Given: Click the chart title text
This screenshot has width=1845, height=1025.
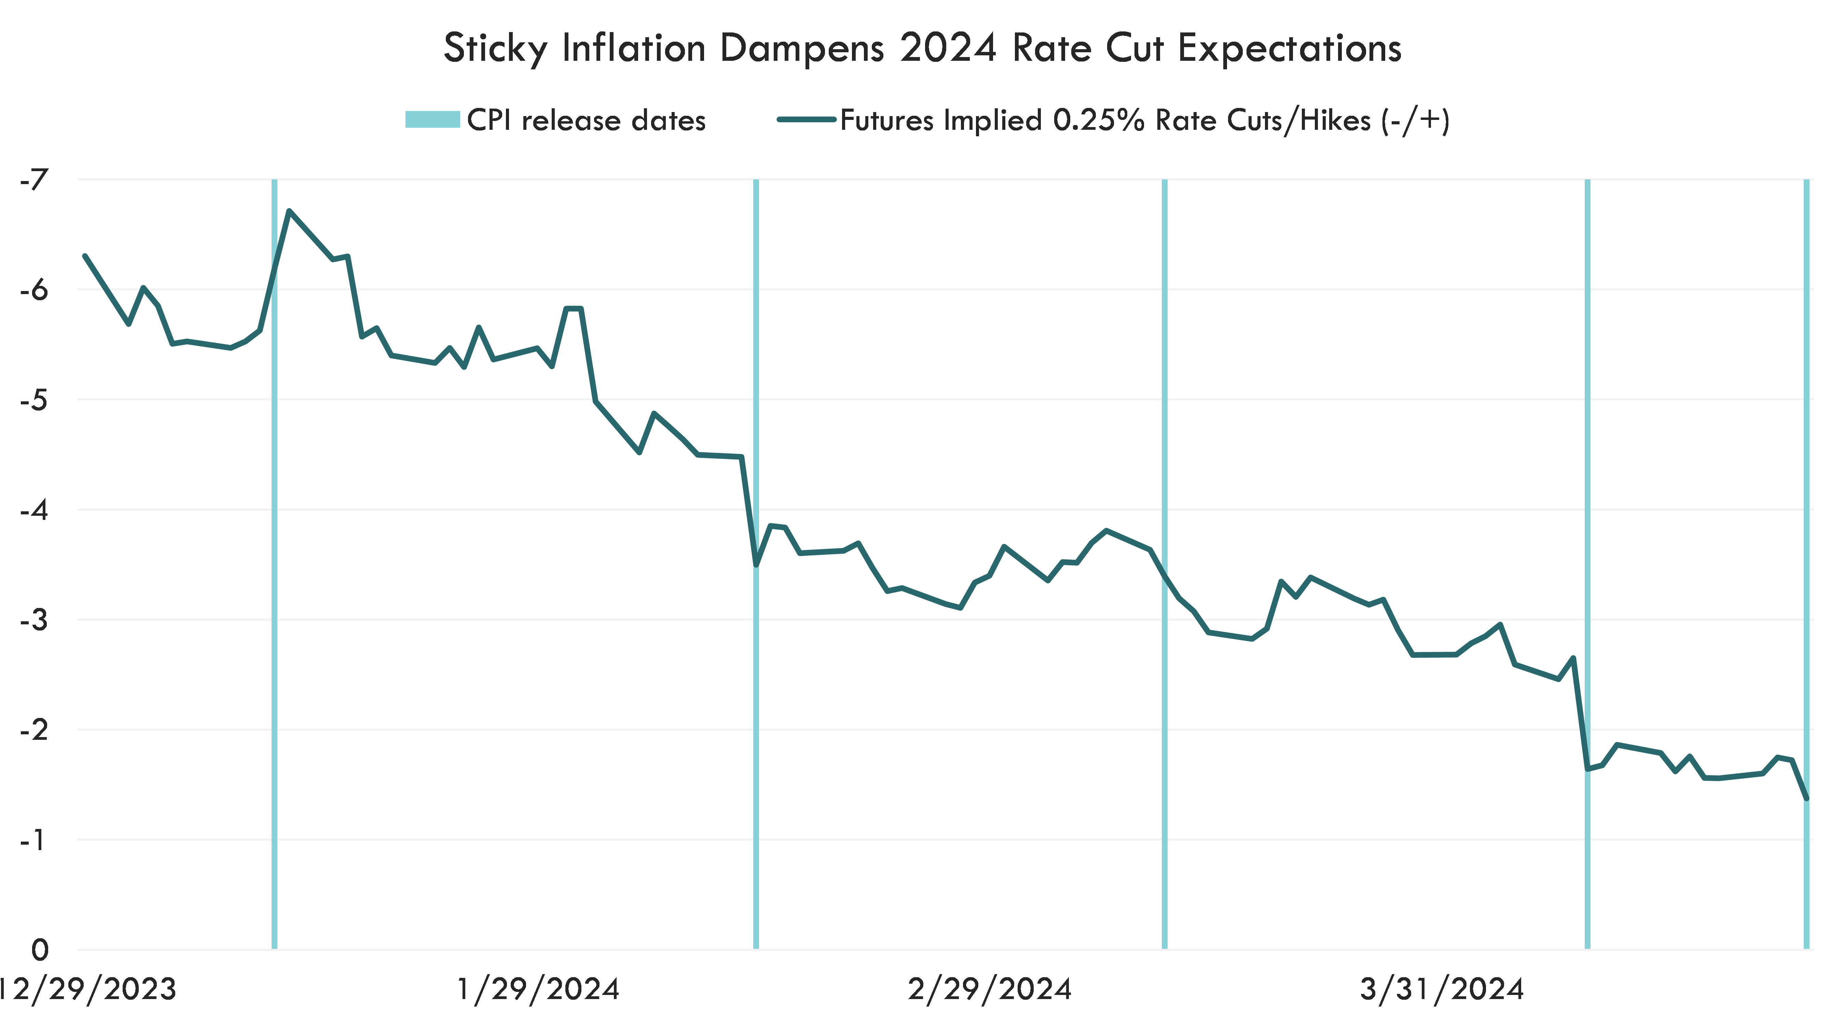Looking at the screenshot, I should pos(922,49).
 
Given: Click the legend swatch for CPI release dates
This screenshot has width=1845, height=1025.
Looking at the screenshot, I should pos(432,120).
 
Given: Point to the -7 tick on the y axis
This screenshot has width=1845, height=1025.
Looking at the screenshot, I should pos(34,180).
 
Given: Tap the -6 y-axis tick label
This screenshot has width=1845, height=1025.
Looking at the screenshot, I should pos(34,290).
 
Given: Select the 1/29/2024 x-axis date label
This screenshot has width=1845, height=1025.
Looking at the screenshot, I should pos(537,989).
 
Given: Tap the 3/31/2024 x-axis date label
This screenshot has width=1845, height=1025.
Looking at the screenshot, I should pos(1441,989).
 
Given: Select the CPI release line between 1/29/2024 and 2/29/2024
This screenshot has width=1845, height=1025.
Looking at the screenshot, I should pos(756,716).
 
